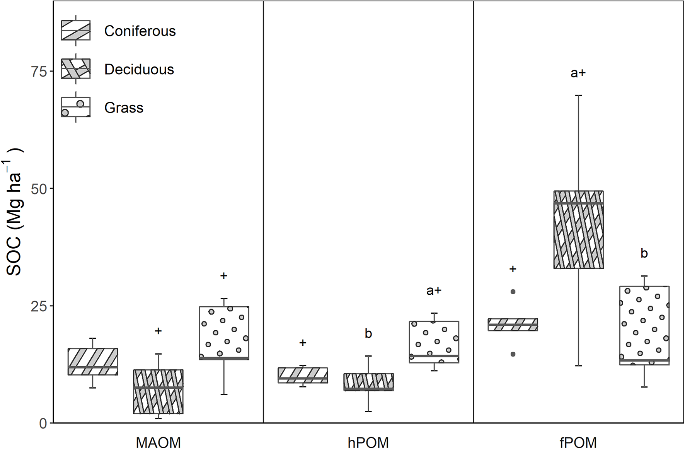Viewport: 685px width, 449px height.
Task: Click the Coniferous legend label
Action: click(x=140, y=31)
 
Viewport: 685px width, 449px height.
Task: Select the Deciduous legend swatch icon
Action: click(x=76, y=69)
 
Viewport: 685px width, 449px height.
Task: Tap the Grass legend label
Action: click(x=124, y=108)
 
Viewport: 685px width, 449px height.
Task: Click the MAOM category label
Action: click(x=158, y=442)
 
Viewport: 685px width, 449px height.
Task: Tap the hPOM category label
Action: click(x=368, y=442)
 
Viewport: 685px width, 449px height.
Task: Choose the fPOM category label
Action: click(x=578, y=442)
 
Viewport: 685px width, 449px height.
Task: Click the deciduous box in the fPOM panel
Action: click(x=578, y=229)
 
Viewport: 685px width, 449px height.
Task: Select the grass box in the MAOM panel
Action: click(x=224, y=333)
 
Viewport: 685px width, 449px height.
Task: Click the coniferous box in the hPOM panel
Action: click(x=303, y=375)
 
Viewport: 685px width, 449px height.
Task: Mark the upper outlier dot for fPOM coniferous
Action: click(x=513, y=292)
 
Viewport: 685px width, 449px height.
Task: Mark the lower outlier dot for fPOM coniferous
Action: click(x=513, y=354)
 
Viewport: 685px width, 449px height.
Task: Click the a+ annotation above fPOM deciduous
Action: click(x=578, y=73)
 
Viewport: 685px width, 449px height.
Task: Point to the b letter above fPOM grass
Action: click(x=644, y=253)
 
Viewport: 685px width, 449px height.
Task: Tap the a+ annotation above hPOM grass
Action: click(x=434, y=291)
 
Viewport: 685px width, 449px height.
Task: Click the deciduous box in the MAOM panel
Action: click(x=158, y=391)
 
